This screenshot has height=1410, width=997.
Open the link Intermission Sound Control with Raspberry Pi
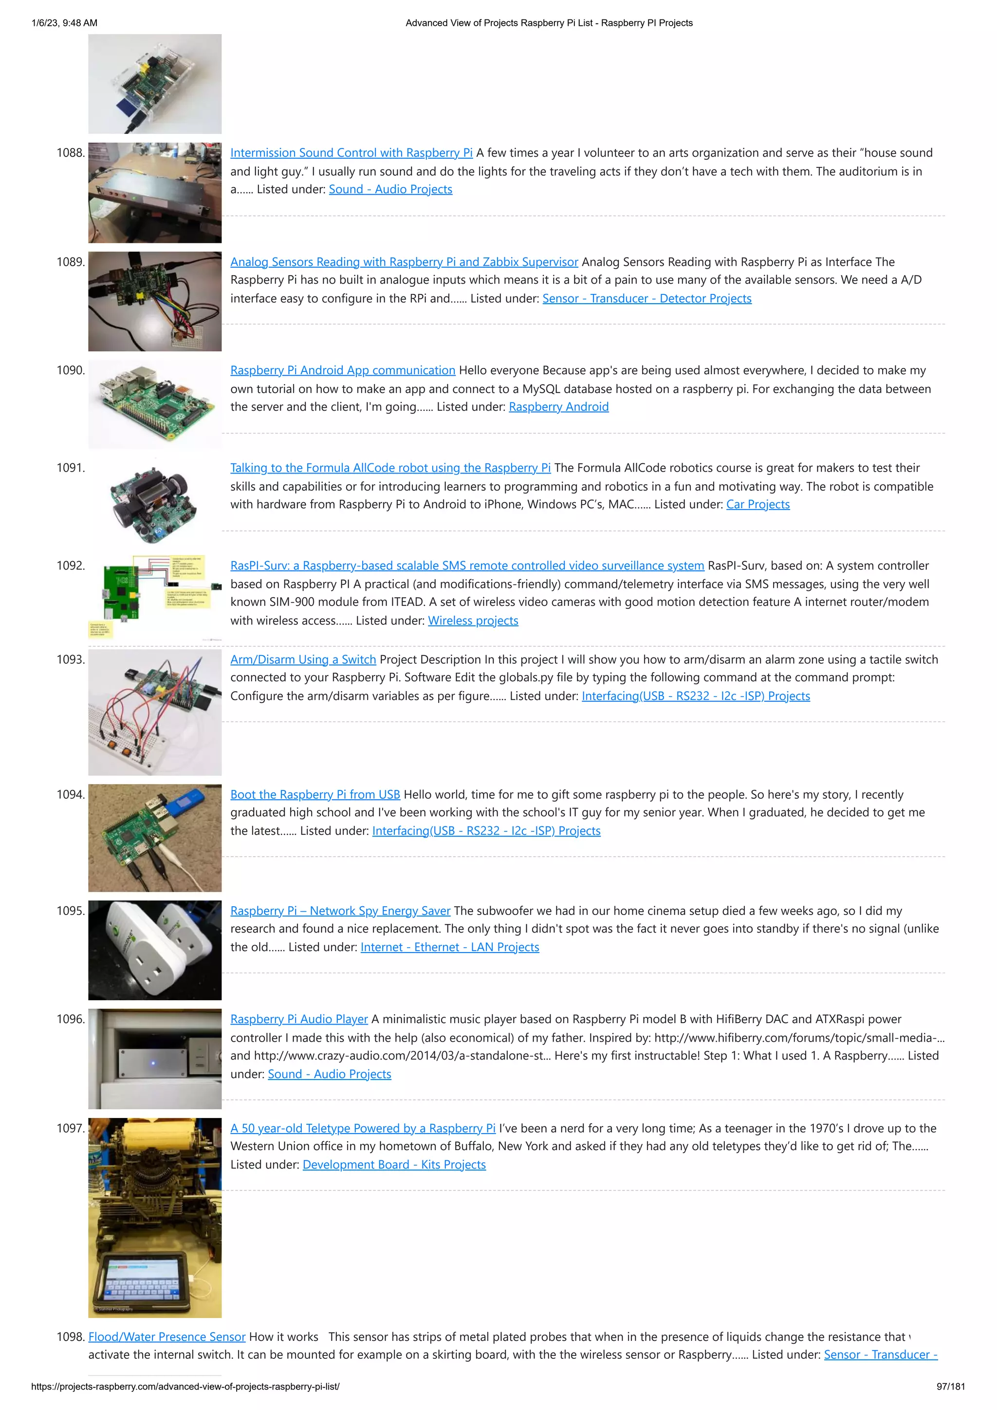(351, 153)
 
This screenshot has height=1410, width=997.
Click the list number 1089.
(71, 262)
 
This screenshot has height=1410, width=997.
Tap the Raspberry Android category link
(558, 407)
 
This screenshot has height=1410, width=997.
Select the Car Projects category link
(757, 505)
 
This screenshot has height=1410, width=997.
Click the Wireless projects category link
(473, 621)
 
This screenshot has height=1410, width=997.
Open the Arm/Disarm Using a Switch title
(303, 659)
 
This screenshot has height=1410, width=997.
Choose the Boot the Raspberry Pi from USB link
(315, 795)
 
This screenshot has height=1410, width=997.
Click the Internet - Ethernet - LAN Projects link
(450, 948)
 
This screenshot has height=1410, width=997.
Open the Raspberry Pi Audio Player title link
(299, 1020)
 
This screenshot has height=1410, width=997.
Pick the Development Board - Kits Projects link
(394, 1165)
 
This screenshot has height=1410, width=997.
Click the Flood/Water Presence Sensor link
(166, 1337)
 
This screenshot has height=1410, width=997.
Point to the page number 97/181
(950, 1387)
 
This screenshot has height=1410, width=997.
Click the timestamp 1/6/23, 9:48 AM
(64, 23)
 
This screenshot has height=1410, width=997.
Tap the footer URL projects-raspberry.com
(185, 1387)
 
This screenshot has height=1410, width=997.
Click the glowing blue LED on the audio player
(153, 1062)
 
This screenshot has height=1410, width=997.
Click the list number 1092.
(71, 566)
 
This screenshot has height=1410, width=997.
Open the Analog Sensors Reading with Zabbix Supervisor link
(404, 262)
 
